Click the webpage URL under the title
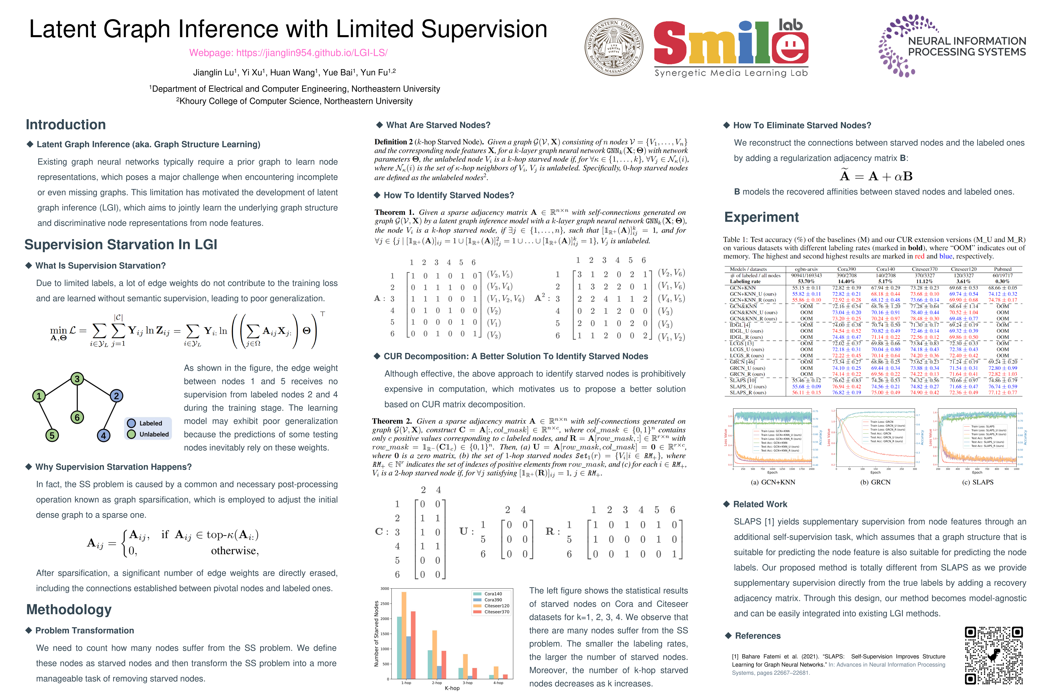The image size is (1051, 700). click(288, 53)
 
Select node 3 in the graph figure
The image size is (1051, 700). click(77, 379)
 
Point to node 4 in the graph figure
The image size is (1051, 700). click(104, 435)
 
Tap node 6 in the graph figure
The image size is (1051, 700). click(77, 417)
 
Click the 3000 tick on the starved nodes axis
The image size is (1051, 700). click(385, 589)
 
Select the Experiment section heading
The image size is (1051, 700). click(761, 217)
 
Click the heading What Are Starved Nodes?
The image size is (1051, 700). click(438, 125)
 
